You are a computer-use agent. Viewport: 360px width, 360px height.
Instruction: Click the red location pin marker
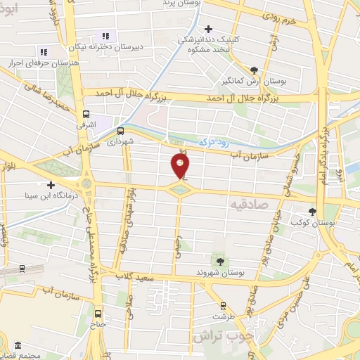(181, 166)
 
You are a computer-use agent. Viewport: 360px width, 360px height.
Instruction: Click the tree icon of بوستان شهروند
(220, 262)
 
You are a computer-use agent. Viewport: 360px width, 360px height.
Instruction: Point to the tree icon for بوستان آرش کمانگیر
(254, 70)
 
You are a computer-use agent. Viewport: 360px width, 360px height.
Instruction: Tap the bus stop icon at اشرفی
(86, 114)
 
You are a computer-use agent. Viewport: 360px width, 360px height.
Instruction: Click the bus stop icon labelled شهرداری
(120, 130)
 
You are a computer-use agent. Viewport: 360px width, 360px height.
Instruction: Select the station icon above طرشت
(223, 306)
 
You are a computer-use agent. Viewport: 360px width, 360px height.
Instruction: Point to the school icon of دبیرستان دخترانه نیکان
(106, 36)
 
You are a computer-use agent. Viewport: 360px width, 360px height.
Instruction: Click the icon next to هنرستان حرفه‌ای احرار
(43, 52)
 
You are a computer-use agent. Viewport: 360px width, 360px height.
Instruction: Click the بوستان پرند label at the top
(181, 4)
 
